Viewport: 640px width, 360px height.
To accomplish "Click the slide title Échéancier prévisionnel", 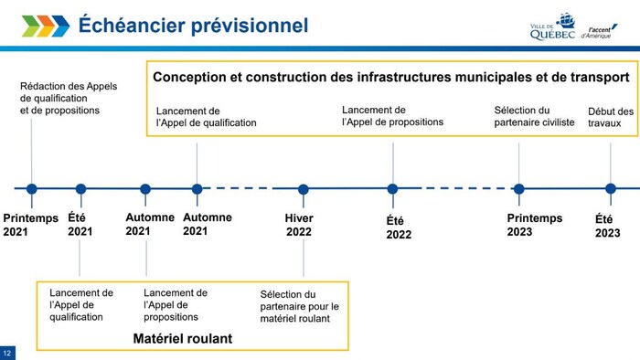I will [x=193, y=25].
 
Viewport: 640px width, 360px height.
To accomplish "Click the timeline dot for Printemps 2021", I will [x=32, y=189].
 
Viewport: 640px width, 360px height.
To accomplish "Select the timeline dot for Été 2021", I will [x=80, y=189].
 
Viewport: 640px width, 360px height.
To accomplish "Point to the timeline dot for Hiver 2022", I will [x=304, y=189].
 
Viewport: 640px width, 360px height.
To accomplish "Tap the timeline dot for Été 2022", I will [x=392, y=189].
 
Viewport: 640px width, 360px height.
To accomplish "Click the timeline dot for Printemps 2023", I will [x=518, y=189].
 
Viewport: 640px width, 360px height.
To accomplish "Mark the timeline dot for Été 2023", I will [x=610, y=189].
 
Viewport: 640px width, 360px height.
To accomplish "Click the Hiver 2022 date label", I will [x=299, y=225].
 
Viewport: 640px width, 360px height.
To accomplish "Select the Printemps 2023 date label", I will [x=537, y=225].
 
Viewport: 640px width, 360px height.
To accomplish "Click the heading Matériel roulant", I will [x=183, y=338].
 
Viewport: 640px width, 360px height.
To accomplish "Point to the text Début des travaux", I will [x=610, y=117].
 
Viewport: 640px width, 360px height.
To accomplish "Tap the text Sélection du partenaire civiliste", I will [x=534, y=115].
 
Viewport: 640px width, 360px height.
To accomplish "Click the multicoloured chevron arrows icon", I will [x=45, y=26].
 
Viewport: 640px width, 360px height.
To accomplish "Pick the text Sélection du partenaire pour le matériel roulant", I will [x=300, y=306].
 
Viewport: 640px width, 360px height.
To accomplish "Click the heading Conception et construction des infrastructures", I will [x=390, y=77].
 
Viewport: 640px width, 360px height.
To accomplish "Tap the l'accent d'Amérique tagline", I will [x=600, y=32].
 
